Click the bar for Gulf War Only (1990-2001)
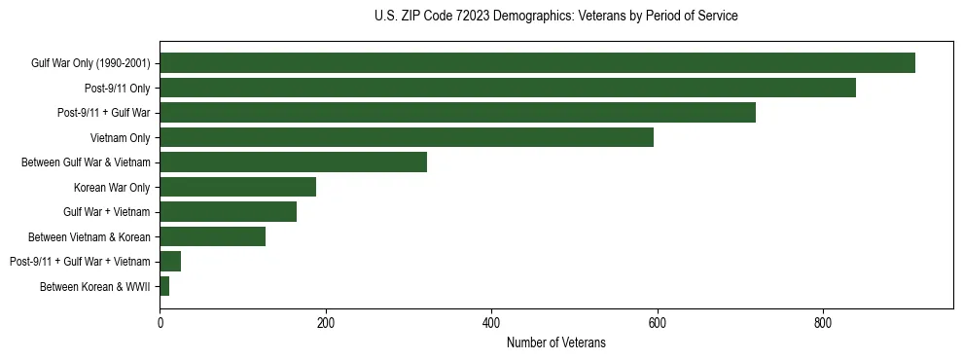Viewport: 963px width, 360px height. (x=537, y=63)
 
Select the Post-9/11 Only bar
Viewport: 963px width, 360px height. (x=508, y=88)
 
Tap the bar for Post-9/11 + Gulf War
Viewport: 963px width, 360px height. (x=457, y=113)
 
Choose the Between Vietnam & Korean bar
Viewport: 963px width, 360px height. (x=212, y=236)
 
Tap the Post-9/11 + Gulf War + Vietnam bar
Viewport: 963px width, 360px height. (x=170, y=262)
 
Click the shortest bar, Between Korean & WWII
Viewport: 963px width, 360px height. (x=164, y=286)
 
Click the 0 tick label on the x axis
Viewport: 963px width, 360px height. (x=160, y=322)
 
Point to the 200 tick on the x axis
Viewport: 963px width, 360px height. (x=326, y=322)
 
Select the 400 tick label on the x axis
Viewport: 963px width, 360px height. (x=491, y=322)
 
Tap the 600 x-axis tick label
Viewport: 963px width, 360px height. (x=658, y=322)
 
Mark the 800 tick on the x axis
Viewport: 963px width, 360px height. (x=823, y=322)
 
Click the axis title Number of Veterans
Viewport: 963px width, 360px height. (x=555, y=342)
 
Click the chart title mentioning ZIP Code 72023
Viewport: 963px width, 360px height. (x=555, y=17)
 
